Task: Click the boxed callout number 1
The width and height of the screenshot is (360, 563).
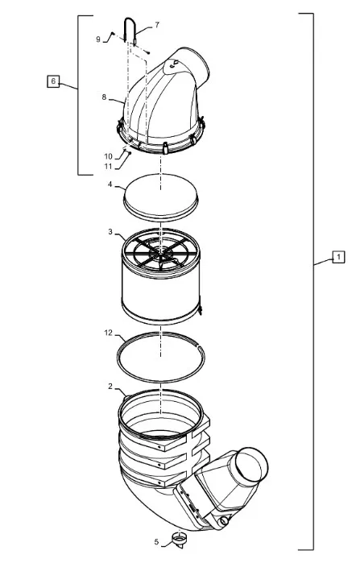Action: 338,257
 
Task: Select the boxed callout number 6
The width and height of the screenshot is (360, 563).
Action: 53,81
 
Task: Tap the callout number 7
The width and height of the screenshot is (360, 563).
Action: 157,25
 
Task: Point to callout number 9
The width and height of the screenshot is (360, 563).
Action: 98,39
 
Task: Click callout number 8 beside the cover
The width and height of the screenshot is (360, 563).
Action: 104,97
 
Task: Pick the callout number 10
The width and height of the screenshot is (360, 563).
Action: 109,156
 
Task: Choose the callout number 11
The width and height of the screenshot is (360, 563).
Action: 109,167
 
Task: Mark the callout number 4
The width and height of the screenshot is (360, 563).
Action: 110,184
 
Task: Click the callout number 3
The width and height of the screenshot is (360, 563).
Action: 110,232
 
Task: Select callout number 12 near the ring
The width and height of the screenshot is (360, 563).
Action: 109,333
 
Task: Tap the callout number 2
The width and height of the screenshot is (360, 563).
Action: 110,387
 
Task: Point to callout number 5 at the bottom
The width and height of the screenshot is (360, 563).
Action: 156,542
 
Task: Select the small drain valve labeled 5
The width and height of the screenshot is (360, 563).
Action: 178,540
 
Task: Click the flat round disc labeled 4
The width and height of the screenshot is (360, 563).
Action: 160,198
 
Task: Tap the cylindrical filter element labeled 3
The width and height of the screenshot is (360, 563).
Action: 161,276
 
